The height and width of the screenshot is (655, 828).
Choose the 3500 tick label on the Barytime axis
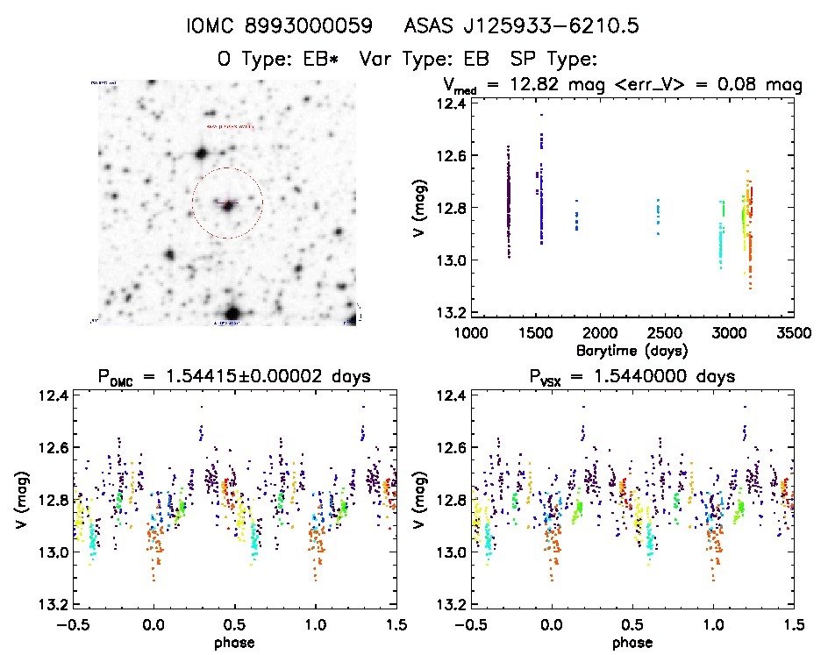(794, 333)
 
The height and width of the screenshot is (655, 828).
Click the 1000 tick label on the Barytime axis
(470, 333)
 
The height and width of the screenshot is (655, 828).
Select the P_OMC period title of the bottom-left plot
(234, 377)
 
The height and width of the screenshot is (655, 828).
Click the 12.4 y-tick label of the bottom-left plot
(52, 396)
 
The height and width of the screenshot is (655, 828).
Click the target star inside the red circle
(228, 205)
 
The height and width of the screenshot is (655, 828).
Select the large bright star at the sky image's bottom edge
(232, 313)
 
